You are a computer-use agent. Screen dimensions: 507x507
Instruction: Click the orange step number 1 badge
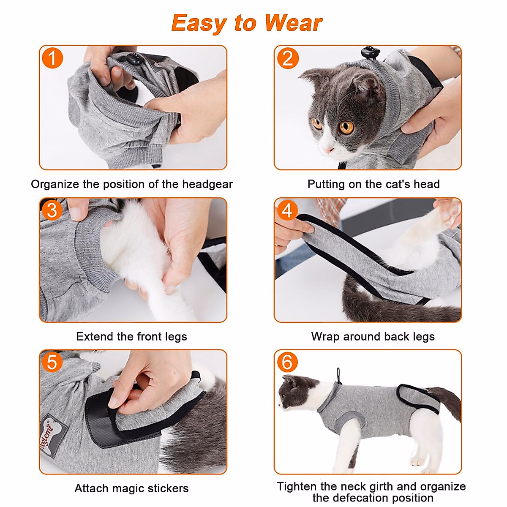(52, 58)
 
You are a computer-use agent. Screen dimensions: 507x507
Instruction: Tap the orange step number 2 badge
(288, 58)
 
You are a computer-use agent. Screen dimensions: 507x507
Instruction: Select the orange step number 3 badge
(52, 211)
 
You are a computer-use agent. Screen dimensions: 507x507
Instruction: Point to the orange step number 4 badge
(287, 211)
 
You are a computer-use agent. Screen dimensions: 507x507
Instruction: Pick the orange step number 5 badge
(52, 362)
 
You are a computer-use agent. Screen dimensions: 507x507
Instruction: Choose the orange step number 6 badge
(287, 362)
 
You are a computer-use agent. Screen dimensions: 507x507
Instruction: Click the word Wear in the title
(293, 23)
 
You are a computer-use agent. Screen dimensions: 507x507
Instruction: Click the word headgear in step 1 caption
(207, 185)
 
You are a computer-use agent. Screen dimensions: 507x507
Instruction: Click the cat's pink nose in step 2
(330, 150)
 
